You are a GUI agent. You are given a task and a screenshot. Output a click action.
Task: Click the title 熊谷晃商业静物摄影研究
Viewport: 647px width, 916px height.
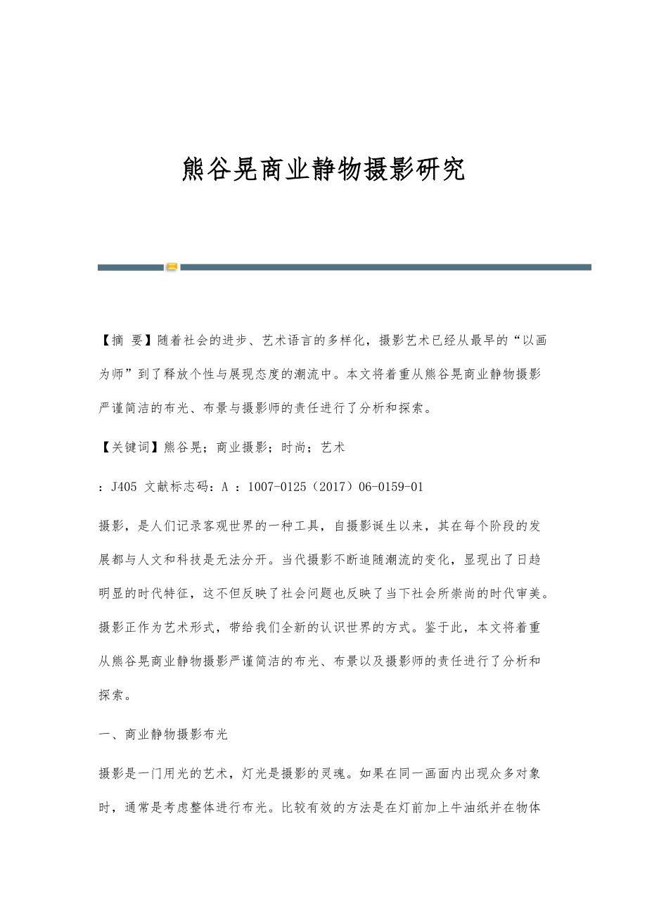pos(323,170)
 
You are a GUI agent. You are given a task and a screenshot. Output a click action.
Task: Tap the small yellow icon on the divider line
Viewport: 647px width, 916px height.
pos(172,267)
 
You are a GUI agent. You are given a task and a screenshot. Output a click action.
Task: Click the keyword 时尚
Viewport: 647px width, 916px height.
pos(294,446)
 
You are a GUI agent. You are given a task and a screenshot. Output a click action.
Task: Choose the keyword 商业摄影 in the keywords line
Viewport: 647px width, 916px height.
pos(242,446)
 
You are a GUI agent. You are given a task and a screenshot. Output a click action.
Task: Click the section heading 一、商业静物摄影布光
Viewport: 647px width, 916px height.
pos(164,734)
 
